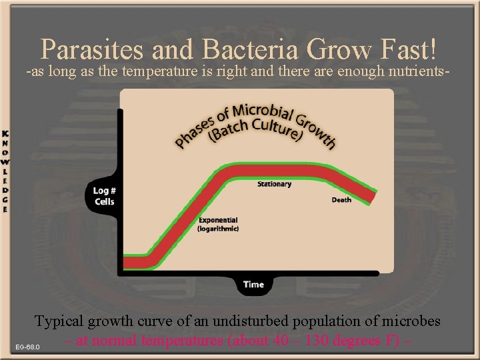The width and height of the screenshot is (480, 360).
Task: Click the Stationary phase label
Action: click(274, 184)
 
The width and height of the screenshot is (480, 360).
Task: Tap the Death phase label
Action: click(341, 200)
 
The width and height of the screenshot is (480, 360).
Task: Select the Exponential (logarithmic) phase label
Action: click(218, 224)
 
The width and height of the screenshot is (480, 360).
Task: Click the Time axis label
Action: click(253, 285)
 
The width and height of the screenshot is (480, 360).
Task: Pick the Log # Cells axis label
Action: click(105, 196)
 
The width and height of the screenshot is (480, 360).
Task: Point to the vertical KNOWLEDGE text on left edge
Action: click(5, 170)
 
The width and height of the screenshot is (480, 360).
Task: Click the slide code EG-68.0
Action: click(29, 347)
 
